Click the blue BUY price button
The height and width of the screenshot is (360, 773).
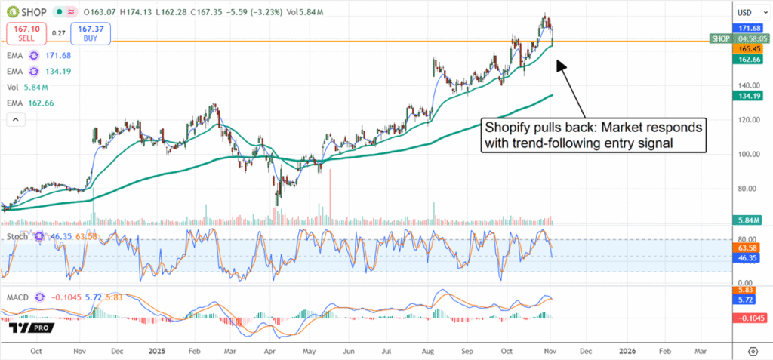tap(91, 32)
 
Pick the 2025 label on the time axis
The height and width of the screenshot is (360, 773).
tap(157, 351)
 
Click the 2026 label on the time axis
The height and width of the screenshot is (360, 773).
tap(627, 351)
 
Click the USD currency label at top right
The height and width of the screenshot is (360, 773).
tap(746, 12)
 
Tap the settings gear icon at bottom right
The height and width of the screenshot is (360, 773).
tap(752, 352)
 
